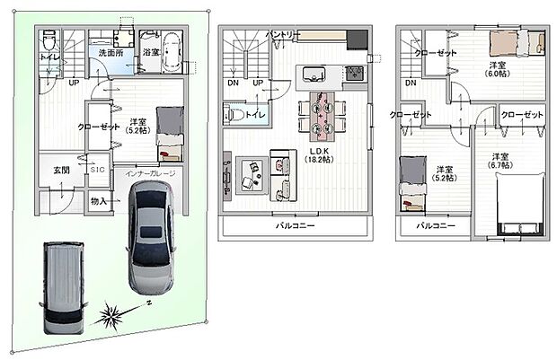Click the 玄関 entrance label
[61, 170]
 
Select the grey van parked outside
[63, 277]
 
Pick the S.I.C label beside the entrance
[98, 169]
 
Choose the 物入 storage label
[99, 203]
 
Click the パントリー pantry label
[284, 34]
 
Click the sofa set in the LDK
[266, 174]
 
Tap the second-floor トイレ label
[255, 115]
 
